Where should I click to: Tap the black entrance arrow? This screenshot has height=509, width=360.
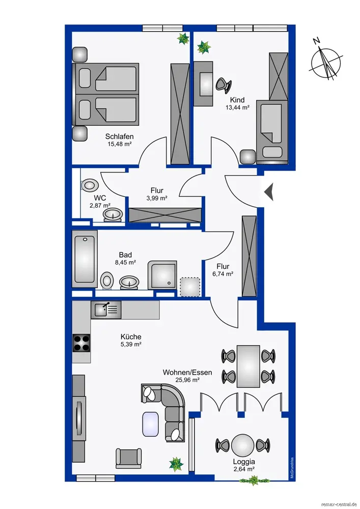(x=269, y=192)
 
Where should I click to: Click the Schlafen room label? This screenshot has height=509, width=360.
(x=119, y=136)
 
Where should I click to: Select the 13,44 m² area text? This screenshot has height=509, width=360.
(x=237, y=107)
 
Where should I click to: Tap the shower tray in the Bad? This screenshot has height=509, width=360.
(x=162, y=275)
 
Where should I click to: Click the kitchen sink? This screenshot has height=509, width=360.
(x=106, y=308)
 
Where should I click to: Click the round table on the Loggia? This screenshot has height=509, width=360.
(x=242, y=444)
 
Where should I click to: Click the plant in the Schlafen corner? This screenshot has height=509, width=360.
(x=182, y=38)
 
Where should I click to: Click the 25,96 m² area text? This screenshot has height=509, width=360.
(x=181, y=380)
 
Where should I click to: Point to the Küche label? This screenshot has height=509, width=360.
(x=131, y=336)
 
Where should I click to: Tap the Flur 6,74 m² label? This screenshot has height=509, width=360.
(x=223, y=266)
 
